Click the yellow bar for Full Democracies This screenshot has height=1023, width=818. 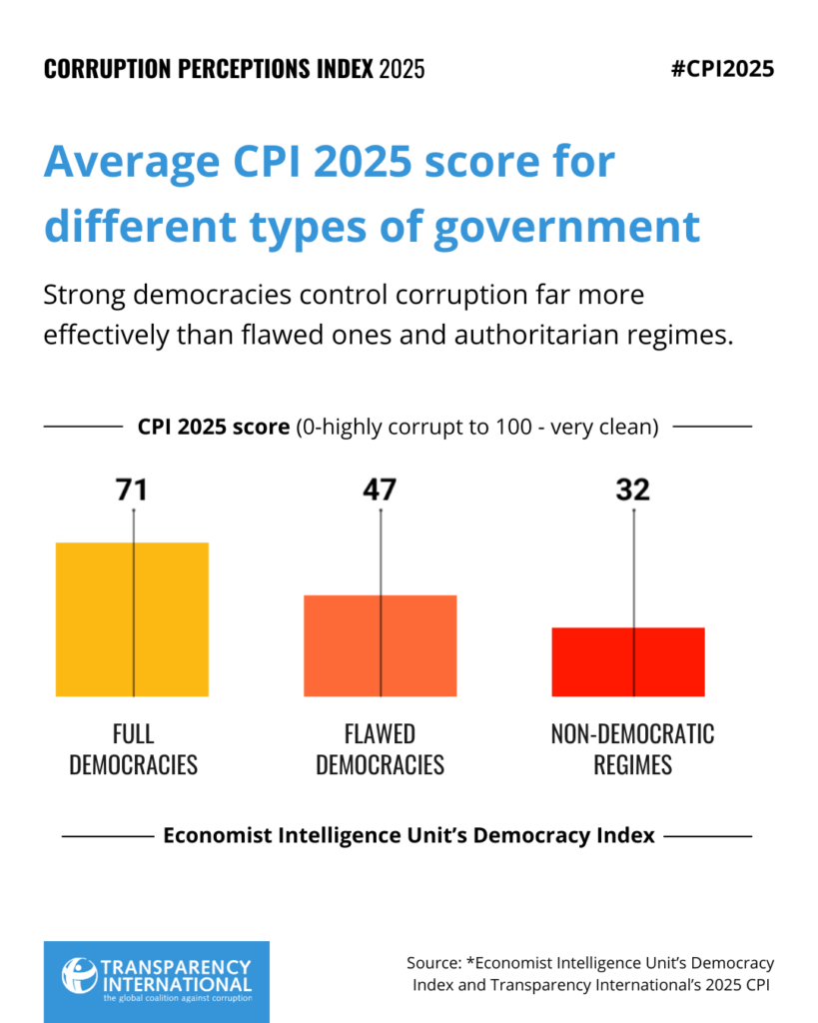(x=132, y=619)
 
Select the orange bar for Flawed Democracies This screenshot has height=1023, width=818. (x=380, y=645)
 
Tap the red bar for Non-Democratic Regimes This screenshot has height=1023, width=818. (x=628, y=661)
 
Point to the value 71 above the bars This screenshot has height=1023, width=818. (x=132, y=490)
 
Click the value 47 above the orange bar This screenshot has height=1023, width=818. (x=380, y=490)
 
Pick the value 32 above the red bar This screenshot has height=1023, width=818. (x=633, y=490)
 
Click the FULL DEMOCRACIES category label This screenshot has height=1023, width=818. (x=133, y=749)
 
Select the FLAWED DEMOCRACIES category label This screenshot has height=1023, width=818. (x=380, y=749)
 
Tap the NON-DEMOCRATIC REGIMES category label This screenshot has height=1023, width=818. (x=632, y=749)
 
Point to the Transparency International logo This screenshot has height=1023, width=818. (x=156, y=981)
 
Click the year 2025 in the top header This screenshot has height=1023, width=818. (x=402, y=69)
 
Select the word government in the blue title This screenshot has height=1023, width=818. (x=566, y=227)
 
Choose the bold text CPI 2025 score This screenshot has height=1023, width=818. (x=213, y=427)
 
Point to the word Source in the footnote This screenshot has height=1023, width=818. (x=434, y=963)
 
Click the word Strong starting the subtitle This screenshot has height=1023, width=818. (x=83, y=296)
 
